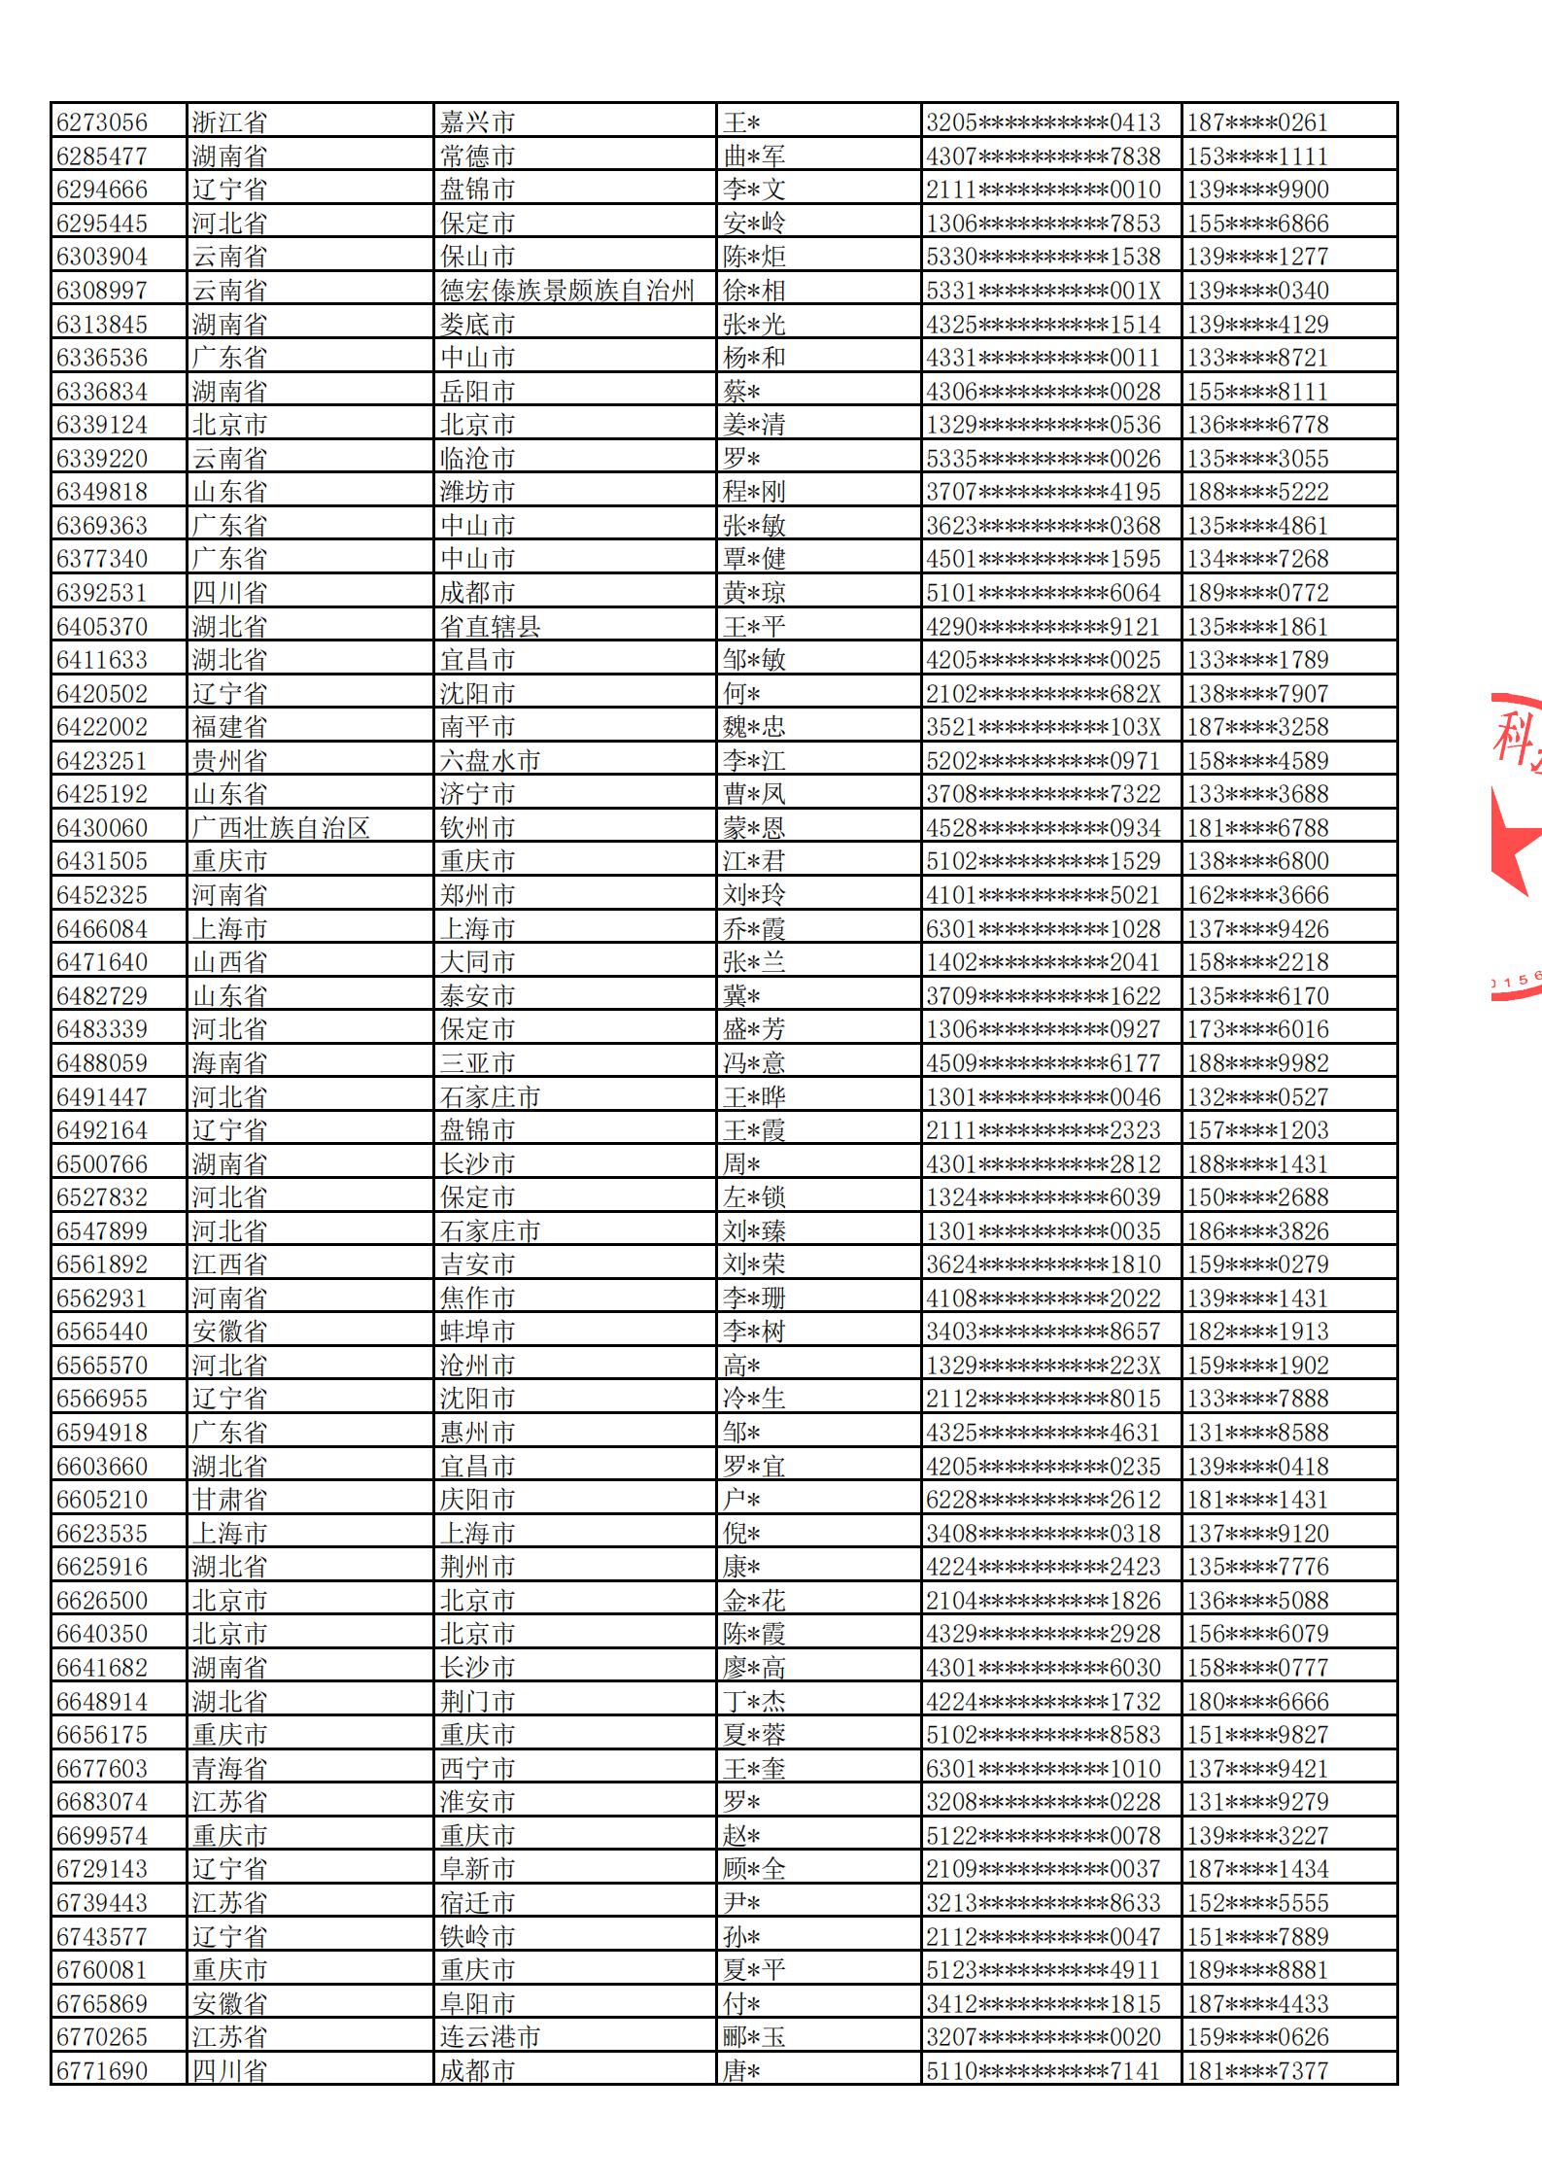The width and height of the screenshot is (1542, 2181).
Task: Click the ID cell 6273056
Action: tap(102, 122)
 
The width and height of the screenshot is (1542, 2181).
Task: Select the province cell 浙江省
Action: tap(229, 122)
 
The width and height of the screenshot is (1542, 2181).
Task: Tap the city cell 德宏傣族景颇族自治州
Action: tap(567, 291)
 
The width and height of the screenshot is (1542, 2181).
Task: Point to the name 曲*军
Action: tap(754, 156)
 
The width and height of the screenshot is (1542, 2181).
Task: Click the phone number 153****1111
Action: tap(1257, 156)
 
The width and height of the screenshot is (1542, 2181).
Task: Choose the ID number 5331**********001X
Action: tap(1043, 291)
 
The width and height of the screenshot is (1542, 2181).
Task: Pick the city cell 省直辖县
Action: tap(490, 626)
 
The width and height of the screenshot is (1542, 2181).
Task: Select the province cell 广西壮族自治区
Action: tap(281, 828)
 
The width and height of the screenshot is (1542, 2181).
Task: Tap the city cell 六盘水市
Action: tap(490, 761)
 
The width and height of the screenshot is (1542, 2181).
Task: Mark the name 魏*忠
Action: tap(754, 727)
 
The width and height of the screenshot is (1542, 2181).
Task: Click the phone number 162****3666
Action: tap(1257, 895)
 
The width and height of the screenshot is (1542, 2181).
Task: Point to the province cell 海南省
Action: tap(229, 1063)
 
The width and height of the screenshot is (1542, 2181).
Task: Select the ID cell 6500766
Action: tap(102, 1164)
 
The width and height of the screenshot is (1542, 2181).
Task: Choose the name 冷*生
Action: tap(754, 1399)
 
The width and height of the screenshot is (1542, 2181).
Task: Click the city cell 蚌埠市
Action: tap(477, 1332)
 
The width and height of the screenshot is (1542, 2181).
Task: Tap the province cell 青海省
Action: tap(229, 1768)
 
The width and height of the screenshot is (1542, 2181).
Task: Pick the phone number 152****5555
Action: tap(1257, 1903)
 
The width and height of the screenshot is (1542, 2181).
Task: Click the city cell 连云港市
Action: tap(490, 2037)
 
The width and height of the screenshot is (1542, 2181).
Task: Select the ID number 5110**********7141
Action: tap(1043, 2071)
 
